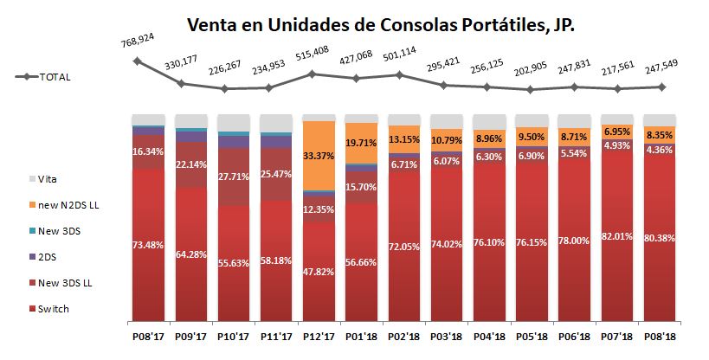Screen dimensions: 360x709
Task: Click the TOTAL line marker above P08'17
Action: pyautogui.click(x=137, y=61)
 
